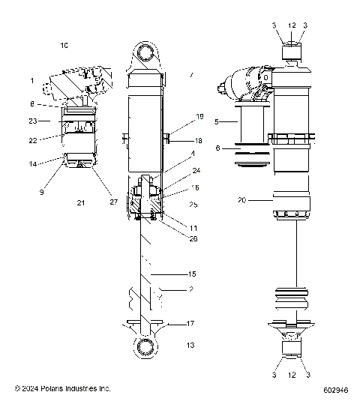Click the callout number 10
64,46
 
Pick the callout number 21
79,203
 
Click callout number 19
199,117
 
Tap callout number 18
199,140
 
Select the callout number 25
193,205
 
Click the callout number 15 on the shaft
191,274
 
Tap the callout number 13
190,345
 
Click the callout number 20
242,200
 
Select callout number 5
217,121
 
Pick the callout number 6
217,148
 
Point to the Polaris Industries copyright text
63,389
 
